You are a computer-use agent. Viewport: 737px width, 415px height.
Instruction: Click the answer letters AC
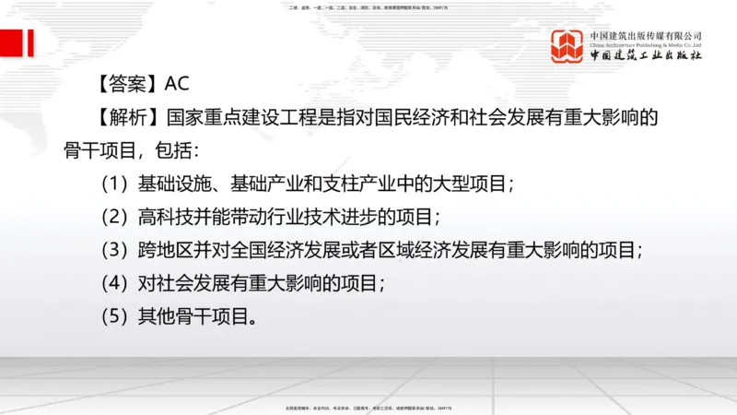(177, 84)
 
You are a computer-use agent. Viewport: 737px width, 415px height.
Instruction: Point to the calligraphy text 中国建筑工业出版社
(646, 55)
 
